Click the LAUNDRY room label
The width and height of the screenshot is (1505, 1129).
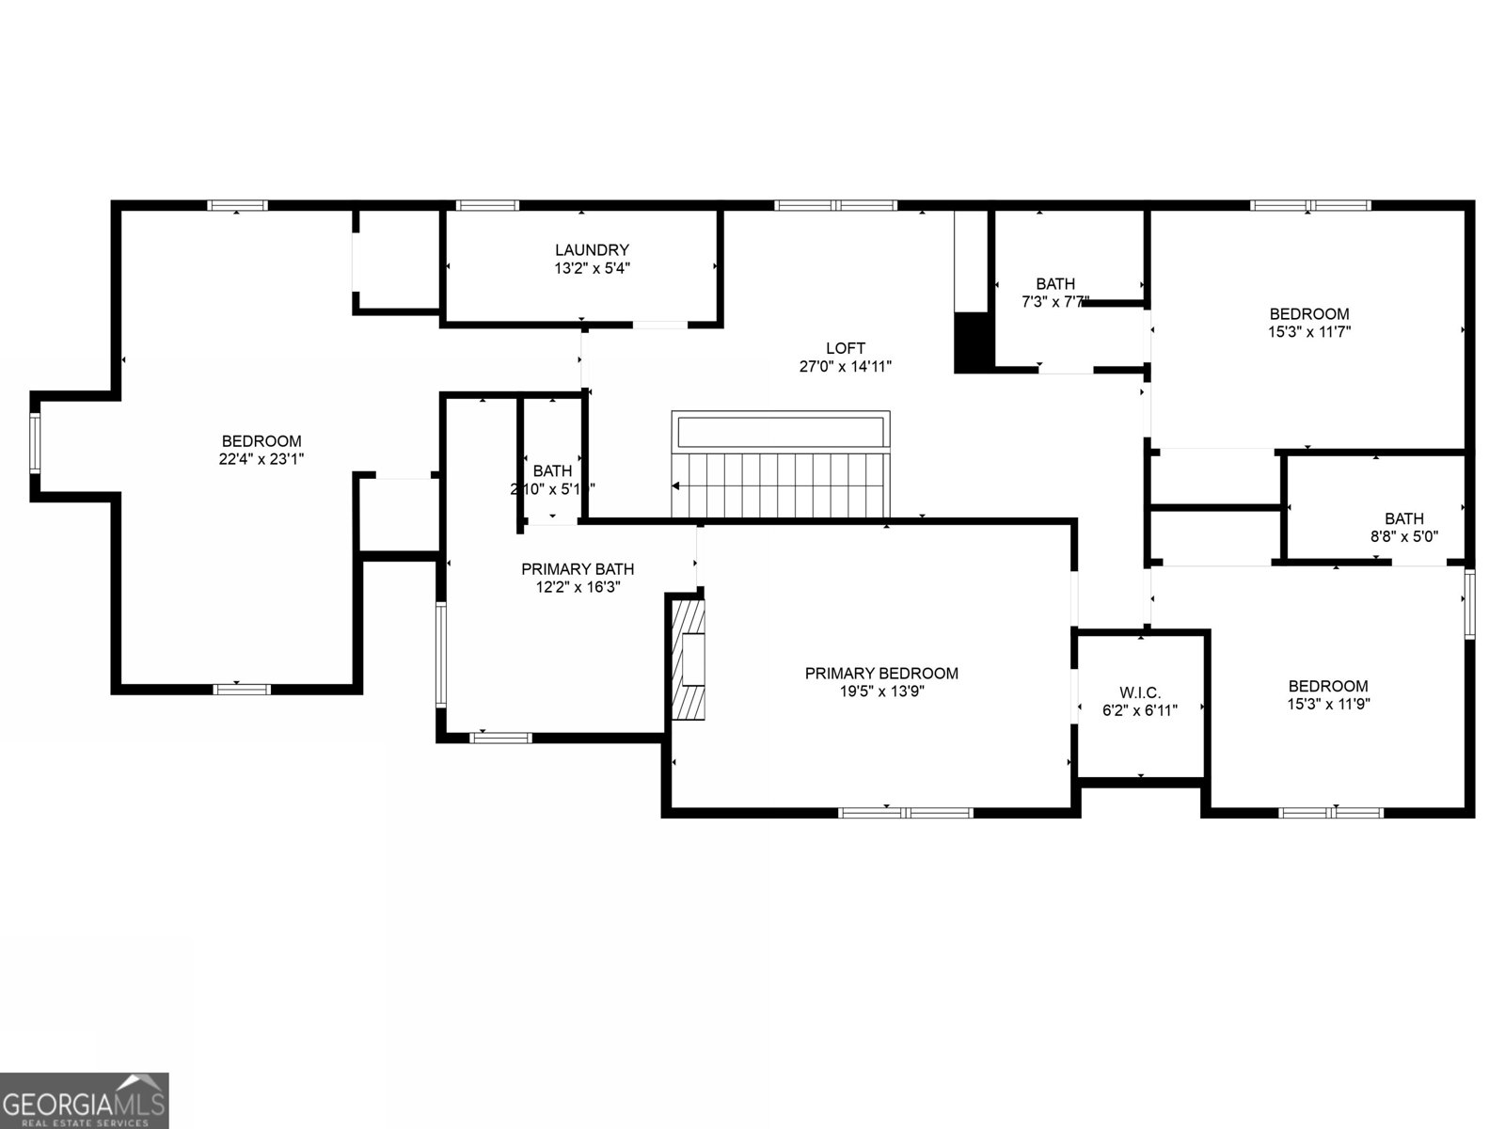(592, 250)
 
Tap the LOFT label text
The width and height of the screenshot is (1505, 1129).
(845, 348)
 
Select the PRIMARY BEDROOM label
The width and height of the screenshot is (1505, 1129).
(881, 673)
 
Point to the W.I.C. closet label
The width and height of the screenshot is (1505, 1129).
(1140, 692)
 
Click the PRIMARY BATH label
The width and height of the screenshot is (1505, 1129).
(578, 569)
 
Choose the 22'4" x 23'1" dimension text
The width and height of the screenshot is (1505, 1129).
(261, 459)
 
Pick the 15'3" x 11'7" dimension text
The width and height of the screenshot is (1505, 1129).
(1309, 332)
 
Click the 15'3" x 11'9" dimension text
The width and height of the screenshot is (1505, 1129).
(1328, 704)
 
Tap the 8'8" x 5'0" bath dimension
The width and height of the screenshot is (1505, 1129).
(1403, 536)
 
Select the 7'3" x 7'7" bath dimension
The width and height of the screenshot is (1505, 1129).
(1055, 302)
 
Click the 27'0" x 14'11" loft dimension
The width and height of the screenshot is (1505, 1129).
(845, 367)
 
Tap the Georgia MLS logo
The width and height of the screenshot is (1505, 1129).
(85, 1100)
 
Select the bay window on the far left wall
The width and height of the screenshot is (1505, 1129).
(35, 442)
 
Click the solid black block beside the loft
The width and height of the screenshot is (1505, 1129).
(973, 342)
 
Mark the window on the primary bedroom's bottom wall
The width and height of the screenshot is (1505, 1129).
(906, 812)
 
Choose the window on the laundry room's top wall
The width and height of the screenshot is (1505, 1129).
(487, 205)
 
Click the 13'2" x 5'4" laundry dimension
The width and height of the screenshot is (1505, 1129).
(592, 268)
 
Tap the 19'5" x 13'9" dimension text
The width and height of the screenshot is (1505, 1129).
(881, 692)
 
